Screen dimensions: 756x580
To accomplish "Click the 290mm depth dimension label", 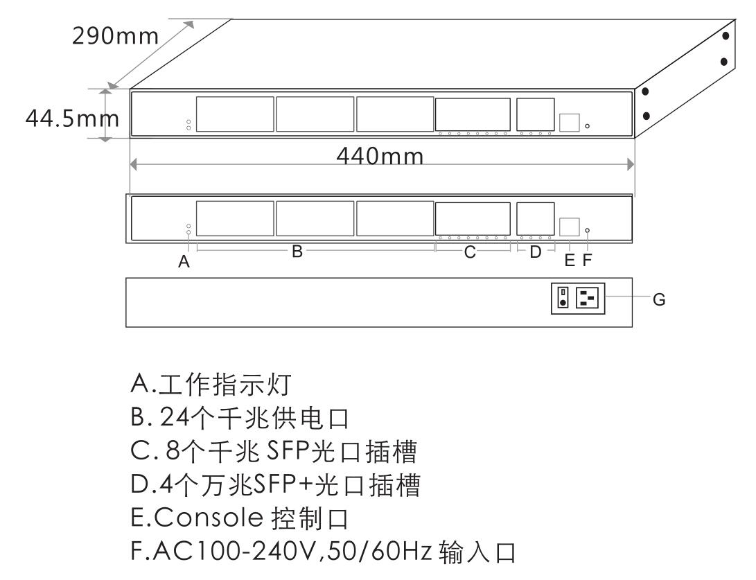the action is (115, 36).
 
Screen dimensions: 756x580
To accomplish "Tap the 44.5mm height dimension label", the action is (72, 118).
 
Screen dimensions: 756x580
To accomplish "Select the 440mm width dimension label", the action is (380, 156).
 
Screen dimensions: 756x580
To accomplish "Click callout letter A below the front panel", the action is (184, 261).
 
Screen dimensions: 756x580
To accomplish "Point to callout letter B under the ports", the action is (297, 251).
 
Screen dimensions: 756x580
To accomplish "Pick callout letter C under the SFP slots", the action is (470, 252).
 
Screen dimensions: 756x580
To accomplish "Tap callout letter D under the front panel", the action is (536, 252).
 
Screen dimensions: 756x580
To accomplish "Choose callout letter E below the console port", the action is (570, 261).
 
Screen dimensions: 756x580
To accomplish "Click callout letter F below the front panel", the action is (587, 261).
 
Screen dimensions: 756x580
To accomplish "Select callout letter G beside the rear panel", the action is (659, 299).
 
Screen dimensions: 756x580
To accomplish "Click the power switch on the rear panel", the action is (563, 297).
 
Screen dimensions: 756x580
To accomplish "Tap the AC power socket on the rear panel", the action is (587, 297).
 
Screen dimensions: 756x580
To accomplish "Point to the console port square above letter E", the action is (570, 226).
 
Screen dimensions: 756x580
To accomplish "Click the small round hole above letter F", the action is (587, 230).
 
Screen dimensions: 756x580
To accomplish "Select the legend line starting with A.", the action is (211, 385).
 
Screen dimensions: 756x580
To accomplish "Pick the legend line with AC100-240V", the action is (323, 552).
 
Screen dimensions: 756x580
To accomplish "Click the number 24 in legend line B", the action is (174, 418).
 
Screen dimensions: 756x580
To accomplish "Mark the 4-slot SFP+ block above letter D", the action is (536, 218).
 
